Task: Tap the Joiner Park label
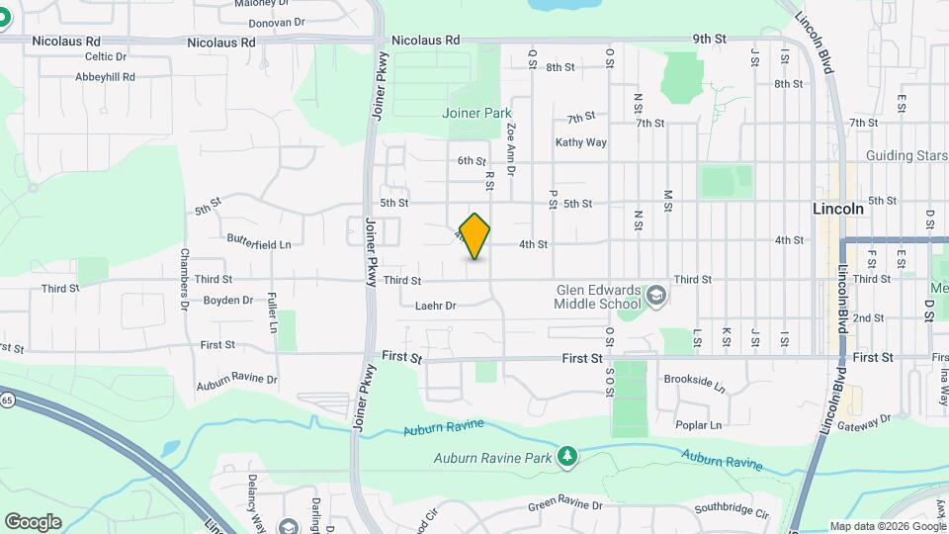[476, 114]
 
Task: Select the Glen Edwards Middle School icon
[654, 296]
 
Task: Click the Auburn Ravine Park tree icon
[566, 456]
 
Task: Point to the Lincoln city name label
[837, 209]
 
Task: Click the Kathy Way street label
[580, 142]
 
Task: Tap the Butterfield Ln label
[259, 243]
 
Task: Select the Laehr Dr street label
[435, 307]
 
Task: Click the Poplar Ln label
[700, 425]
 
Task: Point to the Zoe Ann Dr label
[511, 149]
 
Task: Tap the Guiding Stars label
[906, 155]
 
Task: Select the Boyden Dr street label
[228, 300]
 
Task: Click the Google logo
[33, 522]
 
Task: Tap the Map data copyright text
[887, 526]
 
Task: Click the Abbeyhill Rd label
[105, 75]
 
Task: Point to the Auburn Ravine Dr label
[236, 379]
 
